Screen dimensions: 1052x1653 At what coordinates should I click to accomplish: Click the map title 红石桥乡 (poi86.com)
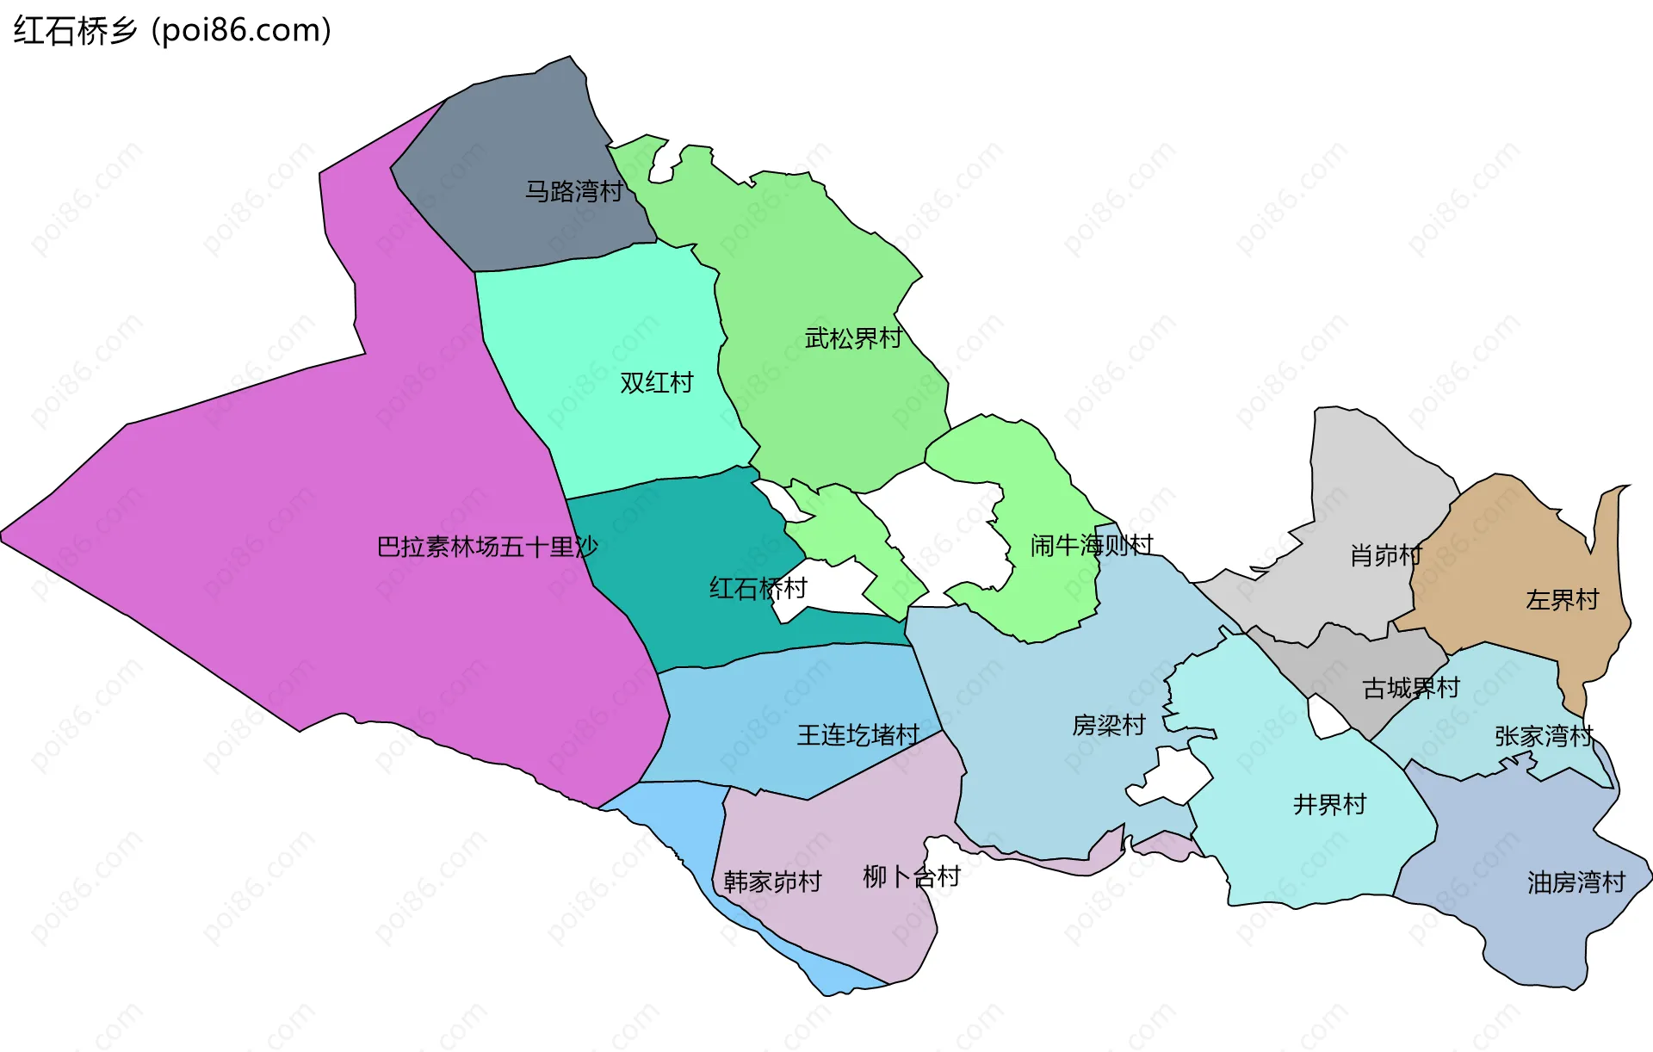[172, 31]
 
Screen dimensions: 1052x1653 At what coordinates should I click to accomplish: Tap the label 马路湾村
[574, 191]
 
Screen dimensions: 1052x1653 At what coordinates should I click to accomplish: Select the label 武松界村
[853, 338]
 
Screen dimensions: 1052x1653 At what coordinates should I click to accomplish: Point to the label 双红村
[657, 382]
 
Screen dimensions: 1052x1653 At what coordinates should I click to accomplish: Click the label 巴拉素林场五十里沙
[487, 547]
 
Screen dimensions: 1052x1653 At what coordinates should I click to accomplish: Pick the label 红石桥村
[758, 588]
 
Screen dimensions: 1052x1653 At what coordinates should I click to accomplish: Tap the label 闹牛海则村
[1092, 545]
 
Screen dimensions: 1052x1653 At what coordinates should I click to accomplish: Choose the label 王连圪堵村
[858, 734]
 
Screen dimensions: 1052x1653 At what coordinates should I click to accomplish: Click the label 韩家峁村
[772, 882]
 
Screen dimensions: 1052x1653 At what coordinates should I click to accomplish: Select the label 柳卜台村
[912, 876]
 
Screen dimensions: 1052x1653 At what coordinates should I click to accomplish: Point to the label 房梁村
[1109, 725]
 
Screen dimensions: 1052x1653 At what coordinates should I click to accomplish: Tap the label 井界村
[1330, 804]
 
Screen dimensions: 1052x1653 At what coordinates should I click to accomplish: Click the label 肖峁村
[1386, 555]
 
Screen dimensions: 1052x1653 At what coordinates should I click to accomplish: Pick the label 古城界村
[1411, 688]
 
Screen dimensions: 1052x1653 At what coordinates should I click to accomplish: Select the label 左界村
[1563, 599]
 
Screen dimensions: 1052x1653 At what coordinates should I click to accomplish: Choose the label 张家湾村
[1545, 736]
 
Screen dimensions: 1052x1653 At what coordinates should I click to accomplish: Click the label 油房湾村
[1576, 882]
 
